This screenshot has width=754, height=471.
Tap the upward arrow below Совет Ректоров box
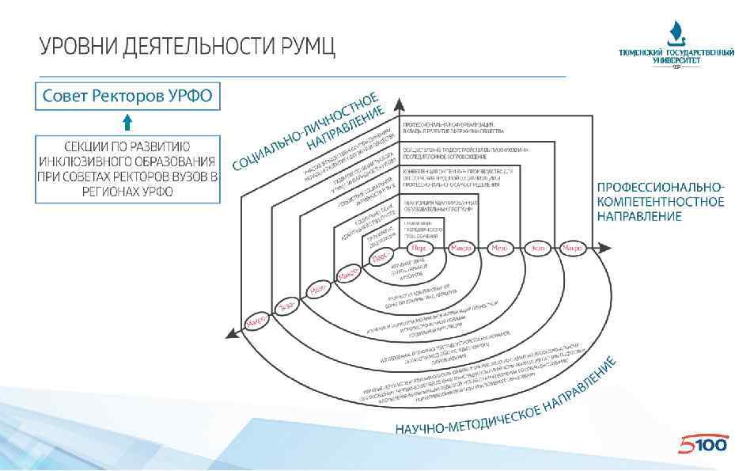pyautogui.click(x=127, y=121)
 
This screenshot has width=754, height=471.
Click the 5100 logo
pyautogui.click(x=703, y=446)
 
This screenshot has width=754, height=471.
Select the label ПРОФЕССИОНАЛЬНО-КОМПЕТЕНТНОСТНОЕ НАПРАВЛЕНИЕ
pyautogui.click(x=660, y=201)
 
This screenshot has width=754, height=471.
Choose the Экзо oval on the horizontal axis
pyautogui.click(x=536, y=248)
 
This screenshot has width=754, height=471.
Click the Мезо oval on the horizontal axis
pyautogui.click(x=498, y=248)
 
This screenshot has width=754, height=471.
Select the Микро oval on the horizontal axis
pyautogui.click(x=460, y=248)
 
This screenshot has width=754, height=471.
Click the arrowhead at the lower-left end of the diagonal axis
pyautogui.click(x=230, y=336)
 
